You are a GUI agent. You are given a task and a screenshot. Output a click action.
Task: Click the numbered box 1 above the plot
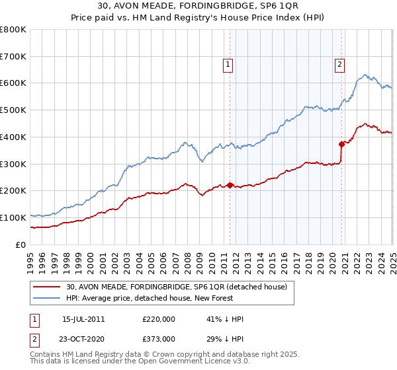pos(228,65)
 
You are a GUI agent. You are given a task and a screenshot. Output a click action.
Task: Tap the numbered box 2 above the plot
pos(339,65)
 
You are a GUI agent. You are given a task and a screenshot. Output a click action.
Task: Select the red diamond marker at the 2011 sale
pos(230,186)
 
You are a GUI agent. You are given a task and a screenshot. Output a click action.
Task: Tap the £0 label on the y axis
pos(21,244)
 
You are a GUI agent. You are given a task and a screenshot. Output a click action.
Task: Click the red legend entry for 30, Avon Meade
pos(176,287)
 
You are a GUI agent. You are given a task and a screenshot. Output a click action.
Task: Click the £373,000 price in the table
pos(159,339)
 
